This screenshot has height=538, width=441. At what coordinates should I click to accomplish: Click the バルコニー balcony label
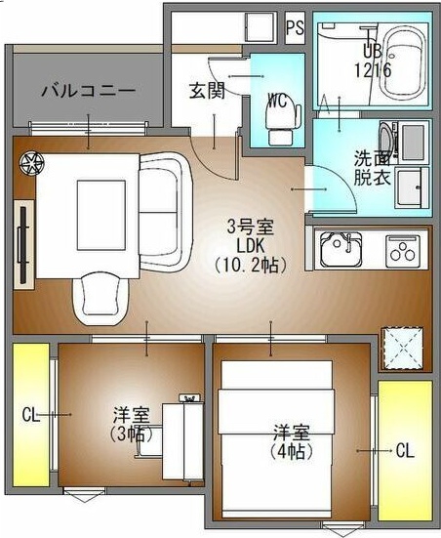tap(89, 91)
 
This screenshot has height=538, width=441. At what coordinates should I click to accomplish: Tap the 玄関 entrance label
tap(208, 91)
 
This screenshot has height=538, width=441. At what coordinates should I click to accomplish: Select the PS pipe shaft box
tap(295, 28)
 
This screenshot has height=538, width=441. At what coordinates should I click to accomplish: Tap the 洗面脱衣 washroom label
tap(373, 168)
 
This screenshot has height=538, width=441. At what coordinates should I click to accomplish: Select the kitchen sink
tap(341, 249)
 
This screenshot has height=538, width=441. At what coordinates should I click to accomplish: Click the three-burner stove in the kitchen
tap(403, 252)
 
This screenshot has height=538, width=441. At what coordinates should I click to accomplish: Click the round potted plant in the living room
tap(32, 163)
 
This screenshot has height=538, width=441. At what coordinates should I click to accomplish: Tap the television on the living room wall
tap(23, 245)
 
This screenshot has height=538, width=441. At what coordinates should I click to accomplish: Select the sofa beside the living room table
tap(165, 212)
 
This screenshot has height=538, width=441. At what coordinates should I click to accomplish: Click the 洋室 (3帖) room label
tap(132, 424)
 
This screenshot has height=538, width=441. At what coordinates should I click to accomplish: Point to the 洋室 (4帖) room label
tap(292, 442)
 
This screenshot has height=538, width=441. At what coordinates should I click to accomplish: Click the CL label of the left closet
tap(30, 415)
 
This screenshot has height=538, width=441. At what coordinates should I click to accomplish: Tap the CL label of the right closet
tap(405, 450)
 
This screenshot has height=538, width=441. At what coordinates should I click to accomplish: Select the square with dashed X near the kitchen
tap(402, 349)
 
